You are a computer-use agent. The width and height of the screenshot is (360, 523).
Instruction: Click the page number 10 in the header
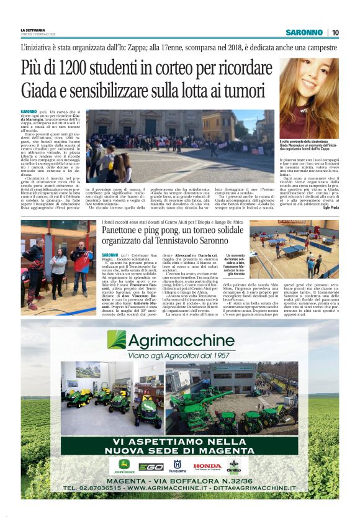[x=335, y=32]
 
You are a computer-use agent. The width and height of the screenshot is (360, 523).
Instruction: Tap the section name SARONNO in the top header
[x=304, y=32]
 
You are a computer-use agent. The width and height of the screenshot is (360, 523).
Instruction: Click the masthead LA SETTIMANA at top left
[x=34, y=30]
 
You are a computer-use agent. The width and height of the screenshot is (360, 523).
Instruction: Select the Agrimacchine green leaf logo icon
[x=116, y=339]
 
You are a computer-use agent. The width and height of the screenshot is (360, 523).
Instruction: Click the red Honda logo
[x=207, y=466]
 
